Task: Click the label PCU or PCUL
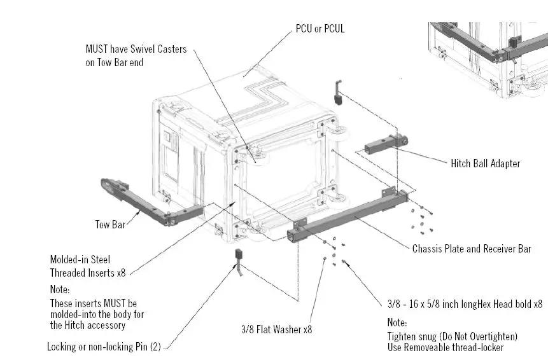[x=320, y=29]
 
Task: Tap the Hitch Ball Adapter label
[x=485, y=163]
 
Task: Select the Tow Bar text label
[x=110, y=224]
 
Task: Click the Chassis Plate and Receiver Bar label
[x=471, y=249]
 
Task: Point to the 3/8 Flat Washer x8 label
[x=276, y=329]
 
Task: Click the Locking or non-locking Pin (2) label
[x=106, y=347]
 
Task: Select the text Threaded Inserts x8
[x=88, y=273]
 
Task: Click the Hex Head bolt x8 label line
[x=465, y=304]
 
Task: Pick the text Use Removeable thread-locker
[x=445, y=347]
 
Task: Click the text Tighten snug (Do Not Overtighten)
[x=452, y=336]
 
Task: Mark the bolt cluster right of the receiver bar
[x=421, y=219]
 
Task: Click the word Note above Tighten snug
[x=397, y=322]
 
